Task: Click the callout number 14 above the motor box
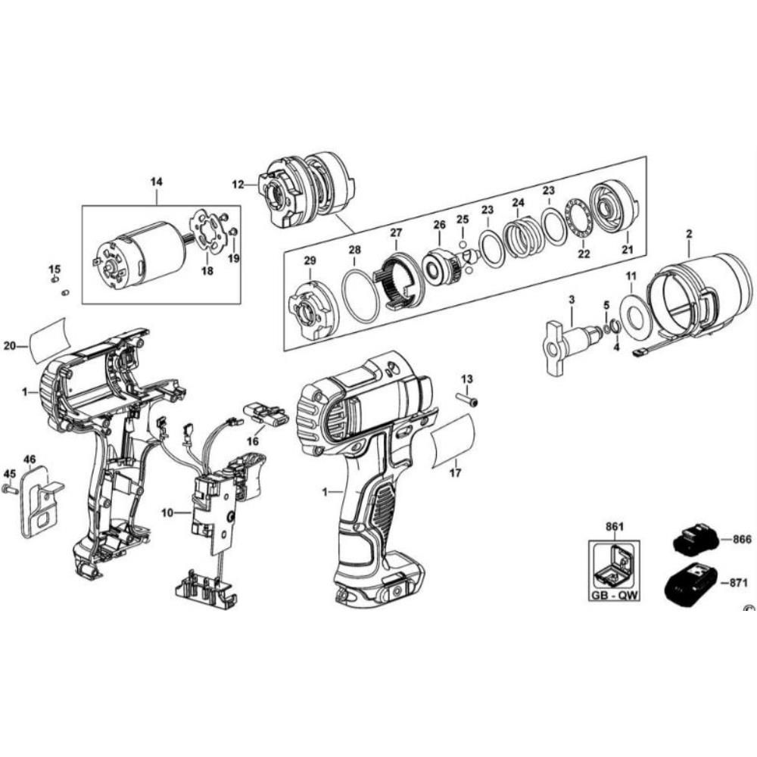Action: pyautogui.click(x=157, y=181)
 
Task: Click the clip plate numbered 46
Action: pyautogui.click(x=38, y=503)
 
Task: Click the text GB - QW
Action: pyautogui.click(x=615, y=595)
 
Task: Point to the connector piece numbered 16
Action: pyautogui.click(x=265, y=416)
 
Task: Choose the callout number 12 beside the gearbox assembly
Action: pyautogui.click(x=238, y=184)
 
